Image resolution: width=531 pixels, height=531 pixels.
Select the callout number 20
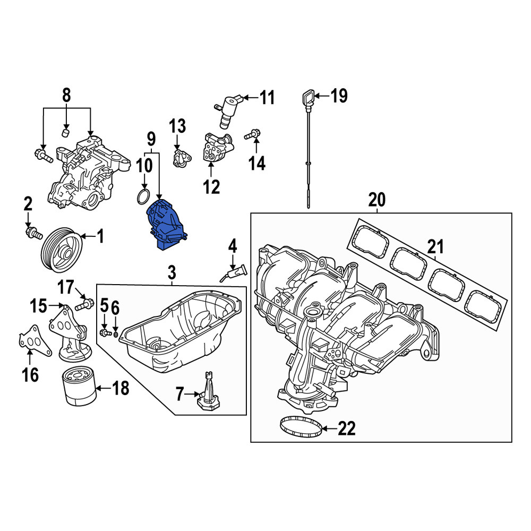pyautogui.click(x=377, y=200)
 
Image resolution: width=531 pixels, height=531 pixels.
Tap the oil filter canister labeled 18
pyautogui.click(x=80, y=387)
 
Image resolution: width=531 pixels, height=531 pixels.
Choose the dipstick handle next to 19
pyautogui.click(x=308, y=99)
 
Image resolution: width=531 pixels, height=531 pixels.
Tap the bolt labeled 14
pyautogui.click(x=252, y=135)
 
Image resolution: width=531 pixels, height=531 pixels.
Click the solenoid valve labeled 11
pyautogui.click(x=228, y=111)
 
